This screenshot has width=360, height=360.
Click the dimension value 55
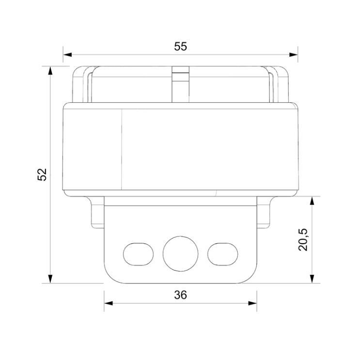[x=180, y=47]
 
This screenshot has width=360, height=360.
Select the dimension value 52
[x=42, y=174]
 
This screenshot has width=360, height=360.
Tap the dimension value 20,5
[x=303, y=238]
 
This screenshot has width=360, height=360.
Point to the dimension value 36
[x=180, y=294]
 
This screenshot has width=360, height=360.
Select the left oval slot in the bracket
[x=139, y=252]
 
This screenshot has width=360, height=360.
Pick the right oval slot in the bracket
[x=222, y=252]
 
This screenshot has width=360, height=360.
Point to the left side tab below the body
[x=97, y=211]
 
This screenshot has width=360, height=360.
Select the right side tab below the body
[x=264, y=211]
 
